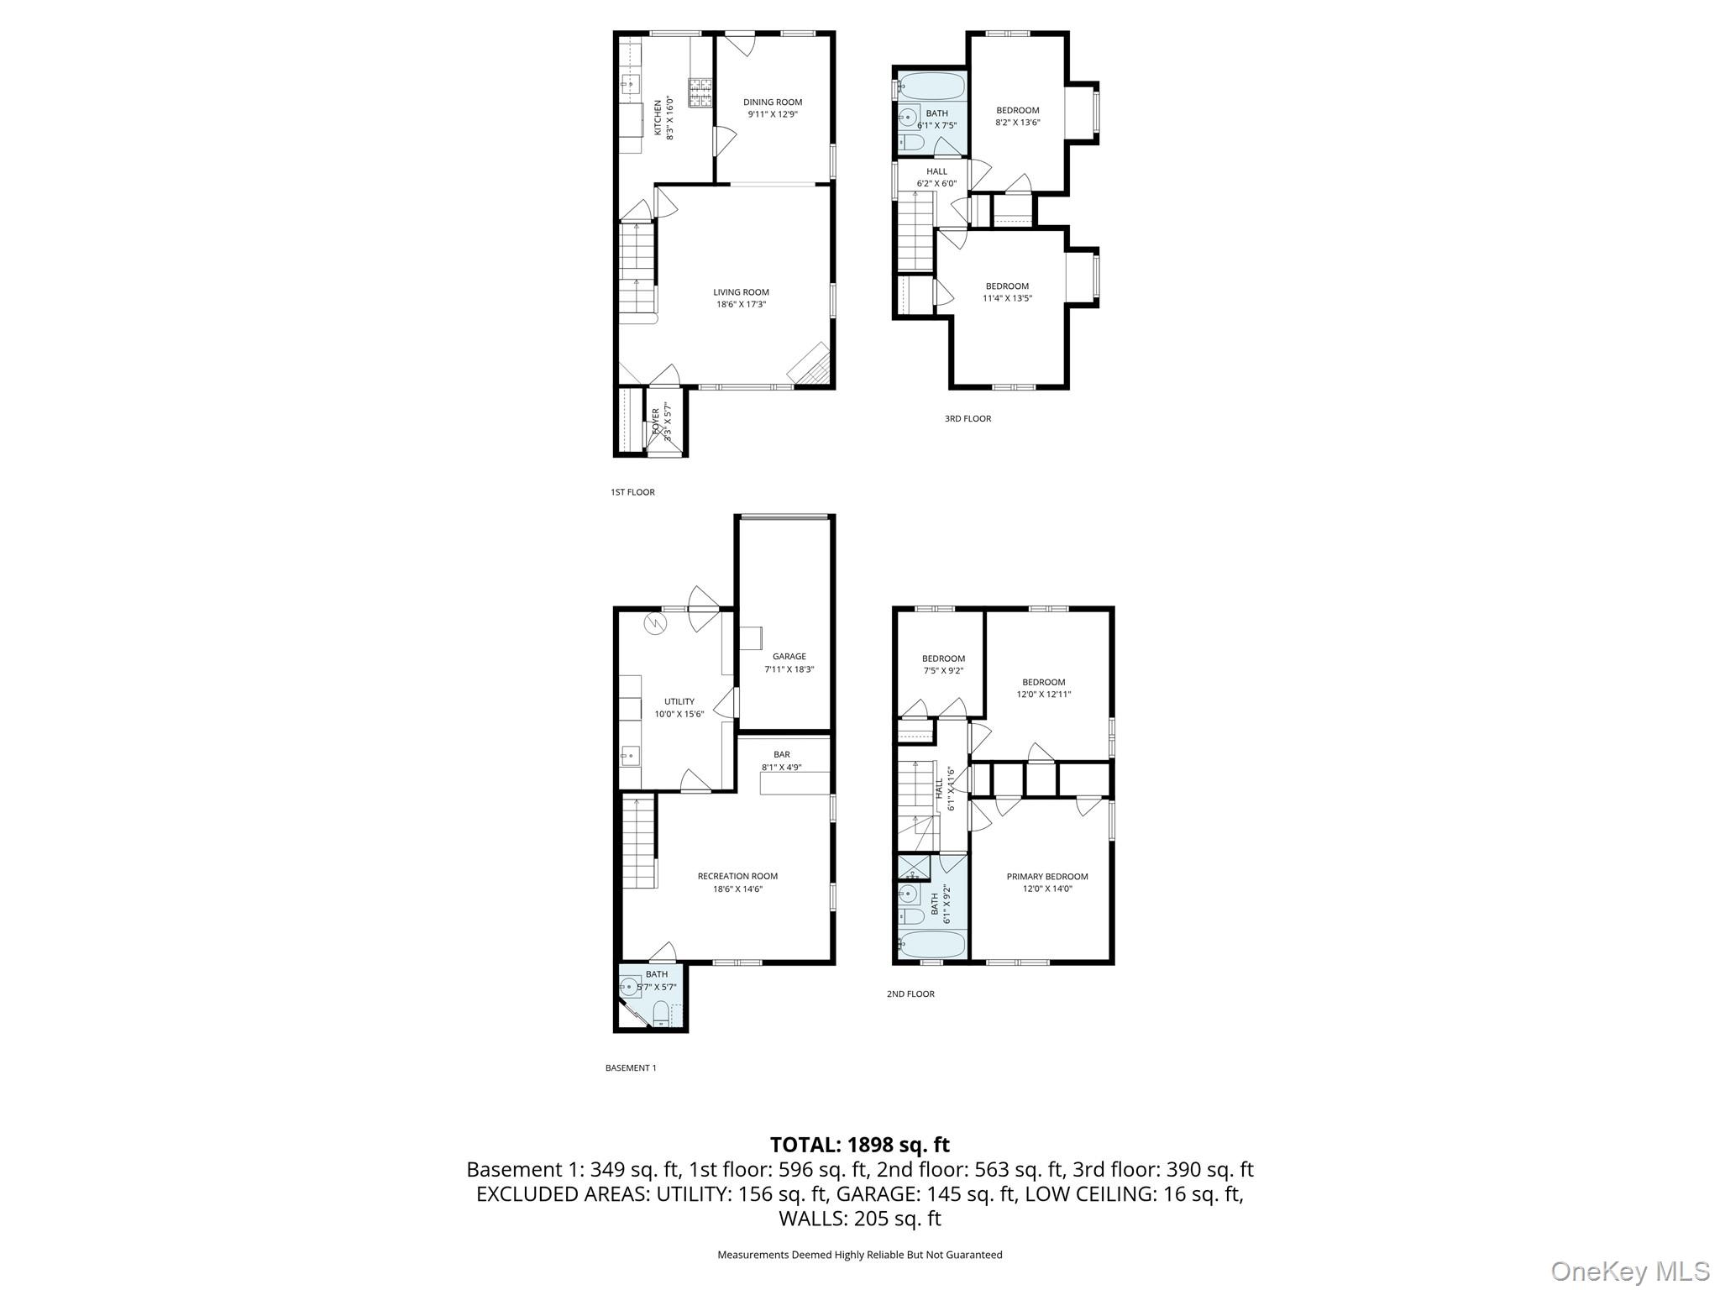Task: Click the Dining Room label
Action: tap(772, 102)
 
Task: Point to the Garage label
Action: tap(789, 657)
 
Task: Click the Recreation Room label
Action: tap(737, 876)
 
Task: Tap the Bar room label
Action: tap(782, 754)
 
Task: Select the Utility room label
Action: tap(679, 701)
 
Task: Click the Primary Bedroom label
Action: tap(1046, 876)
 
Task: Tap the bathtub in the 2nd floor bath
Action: tap(932, 944)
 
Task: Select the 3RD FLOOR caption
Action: tap(967, 418)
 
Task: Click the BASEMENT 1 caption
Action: tap(630, 1067)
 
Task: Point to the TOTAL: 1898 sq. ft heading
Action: tap(859, 1144)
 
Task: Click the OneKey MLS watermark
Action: tap(1628, 1270)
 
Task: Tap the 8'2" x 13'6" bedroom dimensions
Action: tap(1017, 122)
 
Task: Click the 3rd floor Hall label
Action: tap(936, 171)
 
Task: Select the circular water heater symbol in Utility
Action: tap(654, 624)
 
